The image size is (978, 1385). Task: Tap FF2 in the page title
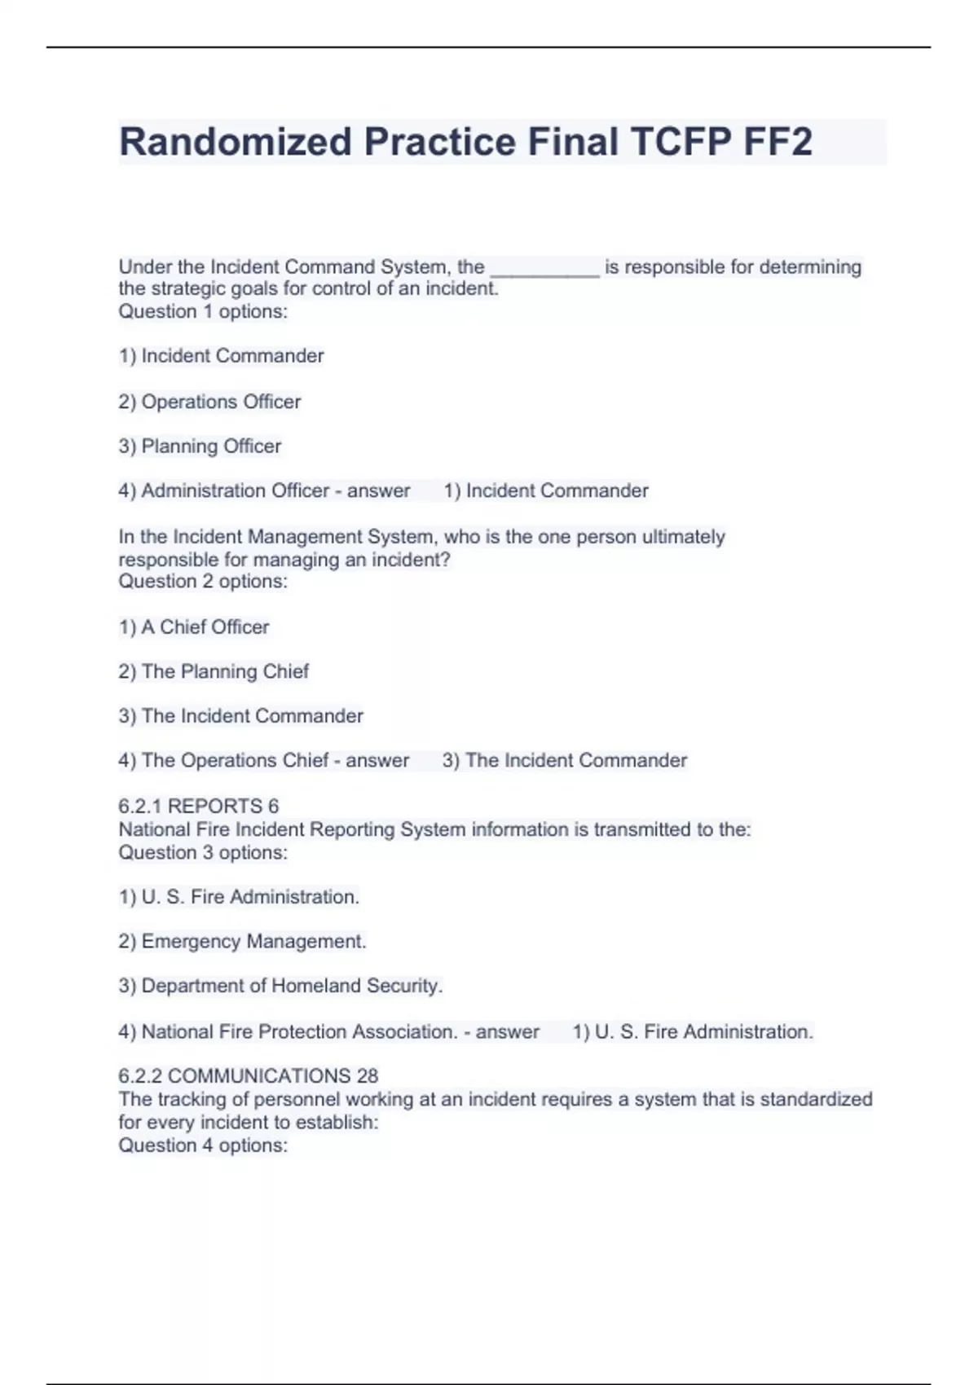[x=777, y=142]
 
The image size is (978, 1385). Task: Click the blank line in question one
[x=544, y=269]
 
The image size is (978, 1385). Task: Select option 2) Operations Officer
[x=209, y=402]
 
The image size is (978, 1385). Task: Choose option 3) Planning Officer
[x=200, y=446]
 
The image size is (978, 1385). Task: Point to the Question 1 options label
[x=203, y=311]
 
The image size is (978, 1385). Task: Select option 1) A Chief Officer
[x=194, y=627]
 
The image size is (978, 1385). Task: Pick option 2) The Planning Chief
[x=214, y=671]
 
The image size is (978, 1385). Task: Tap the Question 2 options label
[x=203, y=582]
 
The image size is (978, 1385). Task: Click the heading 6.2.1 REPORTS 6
[x=198, y=806]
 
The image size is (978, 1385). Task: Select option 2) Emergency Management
[x=242, y=941]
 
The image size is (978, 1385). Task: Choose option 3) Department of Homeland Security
[x=280, y=986]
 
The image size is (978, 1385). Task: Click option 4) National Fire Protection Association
[x=288, y=1031]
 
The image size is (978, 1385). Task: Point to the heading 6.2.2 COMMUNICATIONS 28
[x=248, y=1076]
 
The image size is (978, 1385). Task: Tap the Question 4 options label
[x=203, y=1145]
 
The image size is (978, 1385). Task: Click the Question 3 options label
[x=203, y=852]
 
